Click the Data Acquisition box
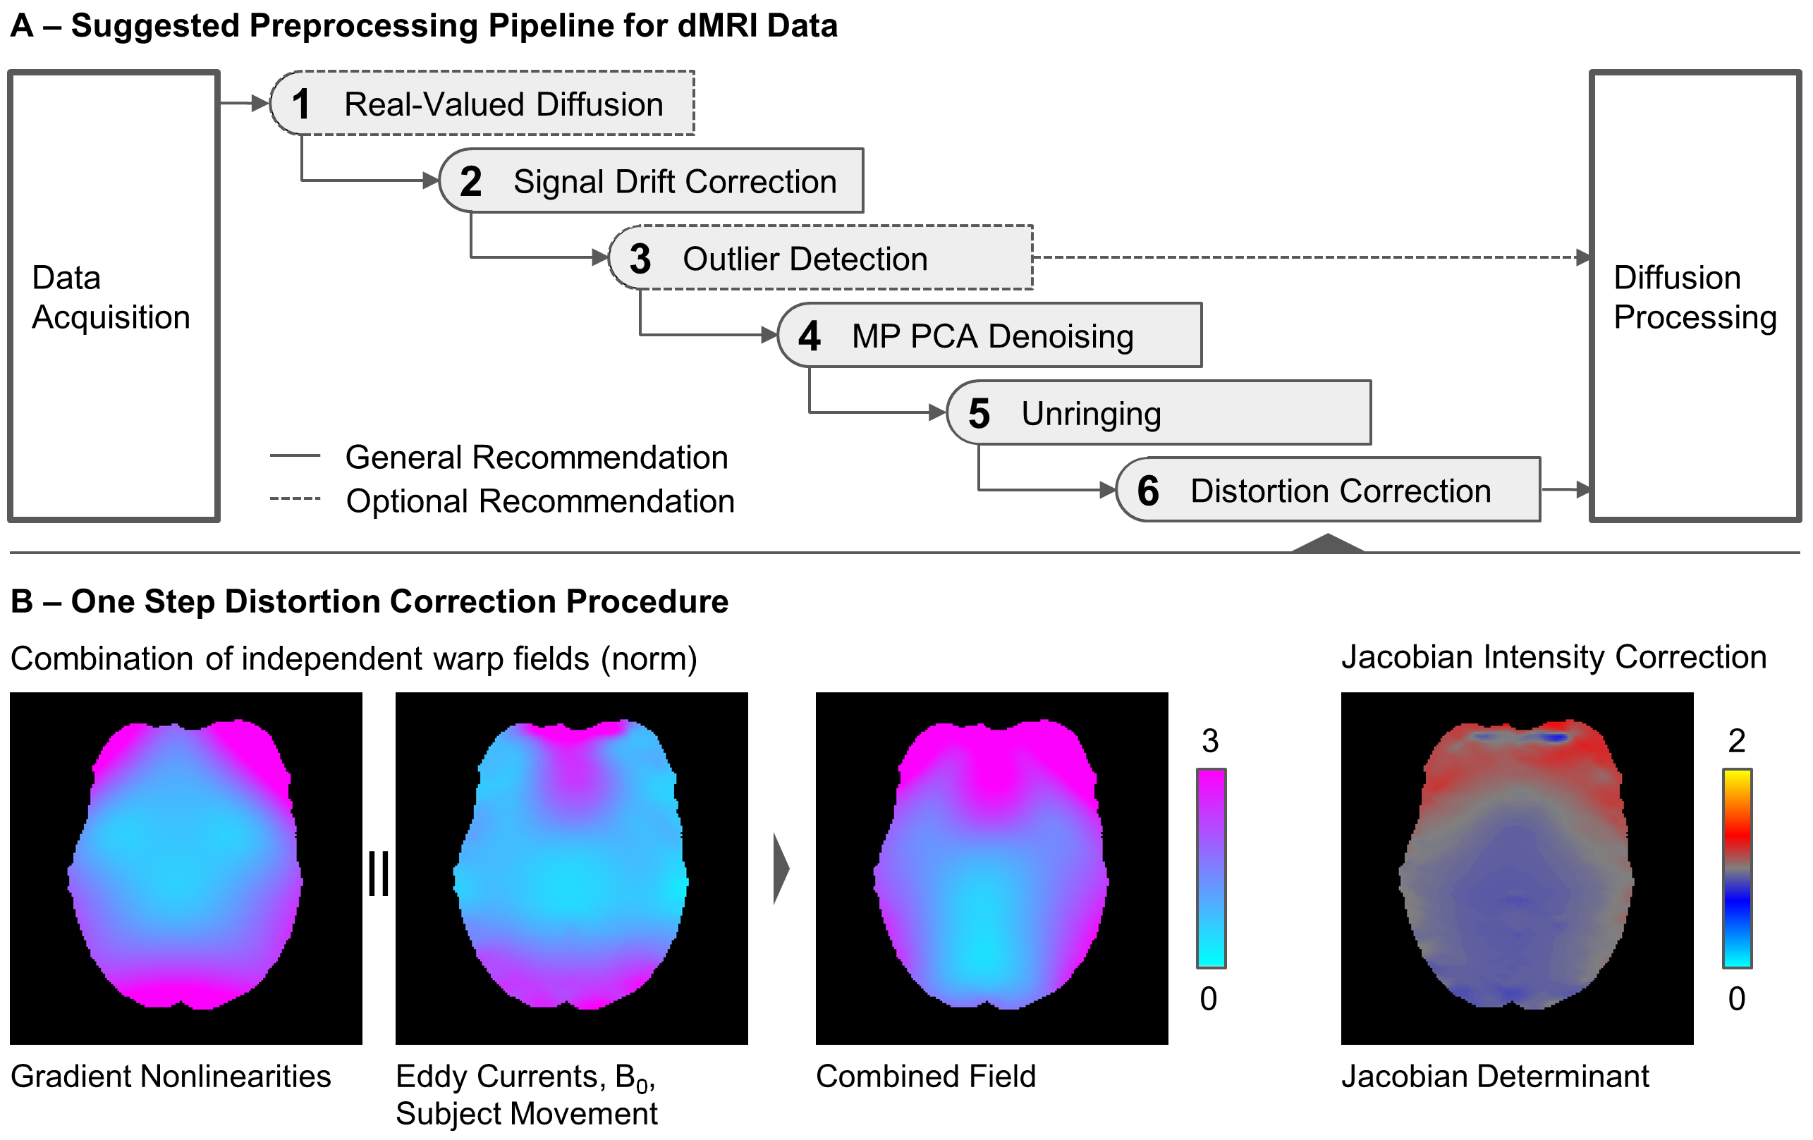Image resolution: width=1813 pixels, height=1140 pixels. (113, 296)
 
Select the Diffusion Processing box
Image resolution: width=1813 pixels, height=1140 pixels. (1694, 296)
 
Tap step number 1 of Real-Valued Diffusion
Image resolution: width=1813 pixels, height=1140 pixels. (301, 104)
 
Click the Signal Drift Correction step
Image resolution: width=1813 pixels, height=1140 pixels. (652, 181)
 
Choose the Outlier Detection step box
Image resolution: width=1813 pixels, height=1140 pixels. (821, 258)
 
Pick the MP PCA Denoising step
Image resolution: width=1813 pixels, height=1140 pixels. (989, 336)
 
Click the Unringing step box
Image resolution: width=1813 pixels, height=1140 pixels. (1159, 413)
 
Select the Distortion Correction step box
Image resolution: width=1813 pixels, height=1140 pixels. (1328, 490)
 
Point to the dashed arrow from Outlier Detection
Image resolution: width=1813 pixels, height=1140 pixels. (1310, 257)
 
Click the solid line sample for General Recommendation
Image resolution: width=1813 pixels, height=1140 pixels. (295, 455)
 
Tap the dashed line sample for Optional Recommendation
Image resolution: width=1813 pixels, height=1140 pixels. (295, 498)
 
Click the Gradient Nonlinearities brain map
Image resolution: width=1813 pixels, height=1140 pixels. (186, 868)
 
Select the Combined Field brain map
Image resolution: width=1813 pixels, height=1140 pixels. (991, 868)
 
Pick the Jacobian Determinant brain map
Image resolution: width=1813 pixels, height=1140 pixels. (1517, 868)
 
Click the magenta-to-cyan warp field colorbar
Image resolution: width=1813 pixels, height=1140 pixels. (1211, 868)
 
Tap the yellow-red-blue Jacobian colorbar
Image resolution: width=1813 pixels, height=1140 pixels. (1737, 868)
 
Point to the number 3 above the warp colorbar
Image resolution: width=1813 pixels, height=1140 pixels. (1210, 742)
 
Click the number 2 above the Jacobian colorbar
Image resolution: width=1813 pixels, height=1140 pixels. (1736, 742)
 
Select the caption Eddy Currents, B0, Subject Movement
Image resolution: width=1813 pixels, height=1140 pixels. (526, 1095)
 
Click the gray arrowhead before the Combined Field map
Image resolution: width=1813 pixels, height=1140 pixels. (781, 868)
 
